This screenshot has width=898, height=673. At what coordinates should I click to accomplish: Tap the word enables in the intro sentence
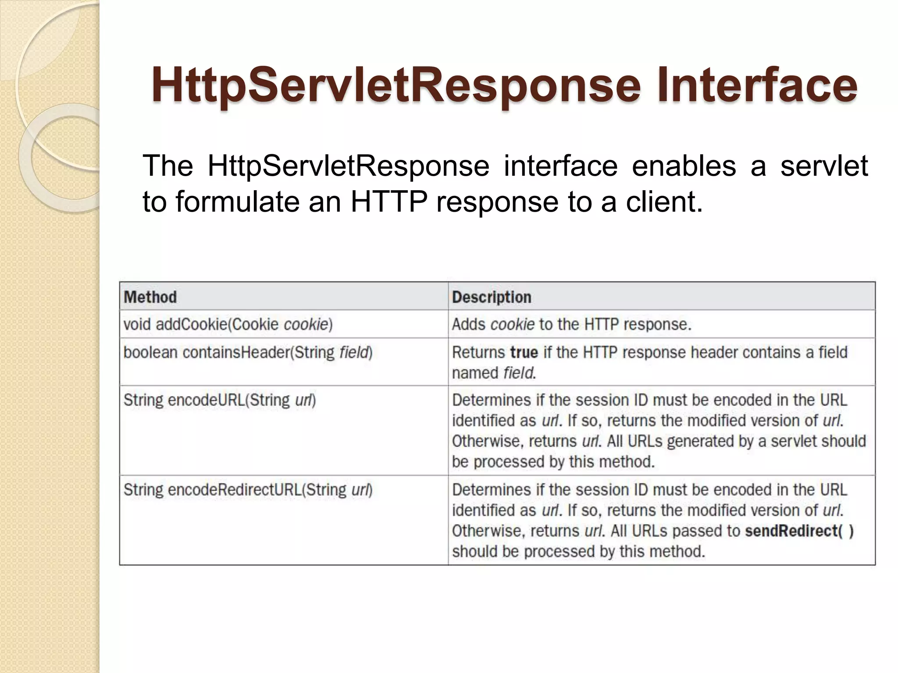[684, 166]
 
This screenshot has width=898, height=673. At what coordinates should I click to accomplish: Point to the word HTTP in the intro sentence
[389, 202]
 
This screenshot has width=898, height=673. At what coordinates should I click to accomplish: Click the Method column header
[150, 297]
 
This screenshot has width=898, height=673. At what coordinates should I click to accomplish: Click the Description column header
[492, 297]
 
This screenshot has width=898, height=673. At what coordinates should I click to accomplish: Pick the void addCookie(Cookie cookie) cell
[228, 325]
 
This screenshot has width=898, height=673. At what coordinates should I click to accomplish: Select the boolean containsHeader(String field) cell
[248, 353]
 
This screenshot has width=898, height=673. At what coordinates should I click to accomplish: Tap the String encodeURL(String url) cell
[220, 400]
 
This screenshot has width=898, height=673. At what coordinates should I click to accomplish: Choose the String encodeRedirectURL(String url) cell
[248, 490]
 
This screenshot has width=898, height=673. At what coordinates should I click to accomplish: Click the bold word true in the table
[524, 353]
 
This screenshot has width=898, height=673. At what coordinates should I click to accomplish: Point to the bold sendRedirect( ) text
[799, 531]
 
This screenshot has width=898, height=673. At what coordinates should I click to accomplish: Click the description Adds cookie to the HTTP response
[571, 325]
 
